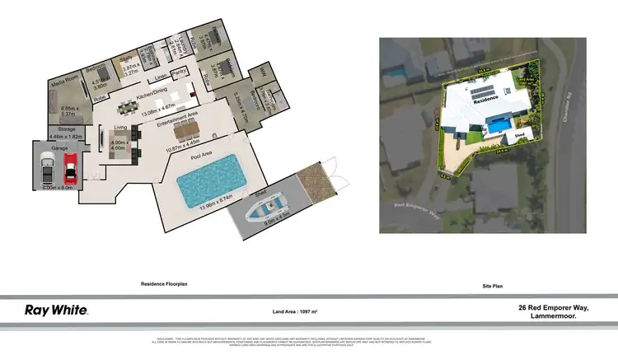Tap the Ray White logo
[x=56, y=311]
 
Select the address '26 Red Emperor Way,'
[x=553, y=307]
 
